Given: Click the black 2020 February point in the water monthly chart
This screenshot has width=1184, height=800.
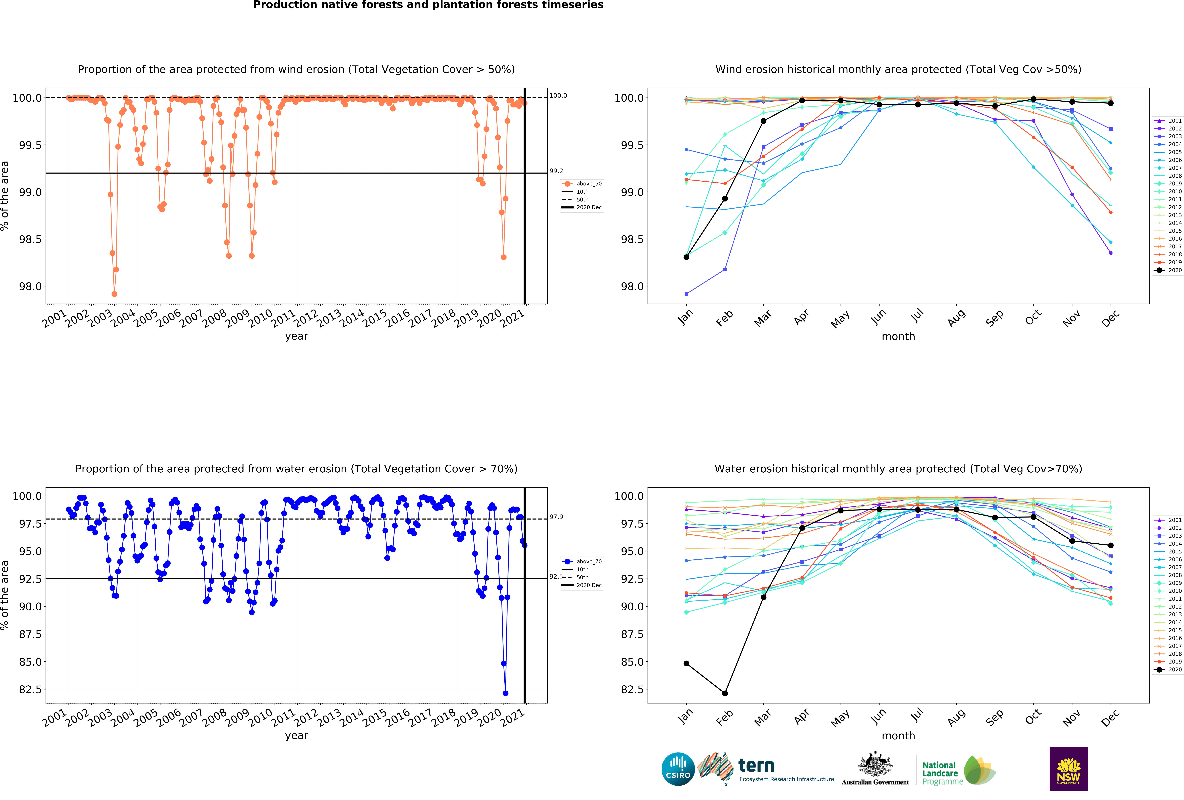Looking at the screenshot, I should (724, 693).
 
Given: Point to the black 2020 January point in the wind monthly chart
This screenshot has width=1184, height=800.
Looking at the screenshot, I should (686, 257).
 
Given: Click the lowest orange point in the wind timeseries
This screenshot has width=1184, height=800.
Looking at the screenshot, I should (114, 294).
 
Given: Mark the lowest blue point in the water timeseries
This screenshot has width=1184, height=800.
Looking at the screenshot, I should (505, 693).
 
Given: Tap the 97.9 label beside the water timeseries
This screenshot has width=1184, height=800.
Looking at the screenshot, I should (556, 517).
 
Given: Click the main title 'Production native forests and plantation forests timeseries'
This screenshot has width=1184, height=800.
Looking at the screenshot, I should (428, 5).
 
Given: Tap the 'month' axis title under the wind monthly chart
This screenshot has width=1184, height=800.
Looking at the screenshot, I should (898, 337).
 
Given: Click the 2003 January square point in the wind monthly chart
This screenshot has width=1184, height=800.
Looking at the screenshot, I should (686, 294).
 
